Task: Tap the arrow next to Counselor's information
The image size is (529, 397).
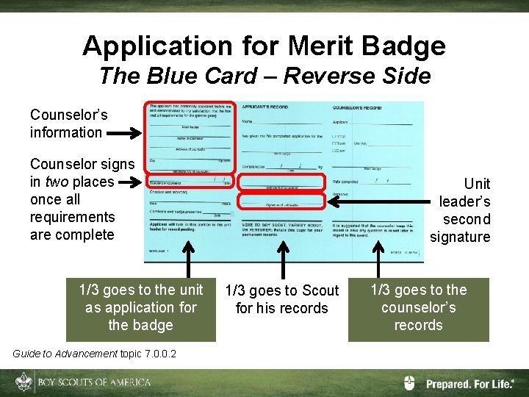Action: (x=126, y=134)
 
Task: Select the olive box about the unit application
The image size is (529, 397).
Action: (x=141, y=308)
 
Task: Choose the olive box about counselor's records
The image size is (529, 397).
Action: (x=418, y=308)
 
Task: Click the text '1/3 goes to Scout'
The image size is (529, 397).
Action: (x=282, y=290)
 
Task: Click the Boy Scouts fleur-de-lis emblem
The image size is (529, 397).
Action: (x=24, y=382)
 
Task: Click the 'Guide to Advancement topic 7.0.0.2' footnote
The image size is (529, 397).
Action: (x=95, y=354)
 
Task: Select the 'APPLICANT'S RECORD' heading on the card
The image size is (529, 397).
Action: (x=264, y=108)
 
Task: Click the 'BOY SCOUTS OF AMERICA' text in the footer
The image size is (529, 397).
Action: (x=95, y=382)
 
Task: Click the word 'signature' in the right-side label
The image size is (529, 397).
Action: (x=460, y=237)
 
